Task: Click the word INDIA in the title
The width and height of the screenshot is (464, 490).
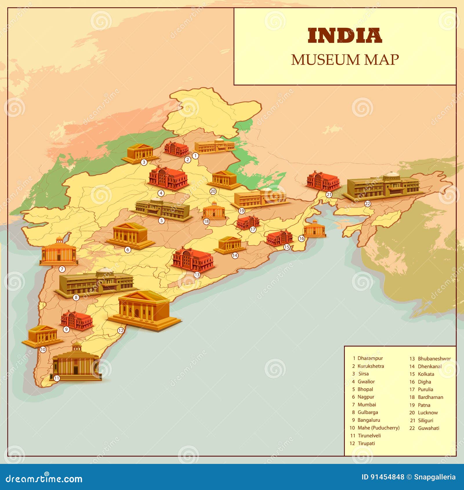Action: tap(345, 36)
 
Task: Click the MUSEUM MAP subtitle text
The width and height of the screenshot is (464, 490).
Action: tap(345, 60)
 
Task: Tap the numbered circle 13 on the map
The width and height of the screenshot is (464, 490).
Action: tap(197, 275)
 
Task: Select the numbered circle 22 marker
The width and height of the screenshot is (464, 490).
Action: tap(367, 204)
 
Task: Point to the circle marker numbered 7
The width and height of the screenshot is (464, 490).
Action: tap(62, 269)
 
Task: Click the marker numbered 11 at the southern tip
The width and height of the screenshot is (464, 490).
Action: tap(57, 378)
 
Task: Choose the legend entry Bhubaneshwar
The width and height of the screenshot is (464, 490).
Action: tap(434, 359)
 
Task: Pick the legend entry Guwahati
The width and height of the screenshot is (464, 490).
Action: tap(428, 428)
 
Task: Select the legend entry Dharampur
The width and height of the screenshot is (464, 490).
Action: tap(370, 358)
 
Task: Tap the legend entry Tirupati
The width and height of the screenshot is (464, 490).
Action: tap(366, 443)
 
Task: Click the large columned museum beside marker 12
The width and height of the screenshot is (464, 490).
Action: tap(144, 311)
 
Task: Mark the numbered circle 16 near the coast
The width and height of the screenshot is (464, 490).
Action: tap(302, 238)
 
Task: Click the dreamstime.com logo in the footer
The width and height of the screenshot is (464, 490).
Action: tap(44, 479)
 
